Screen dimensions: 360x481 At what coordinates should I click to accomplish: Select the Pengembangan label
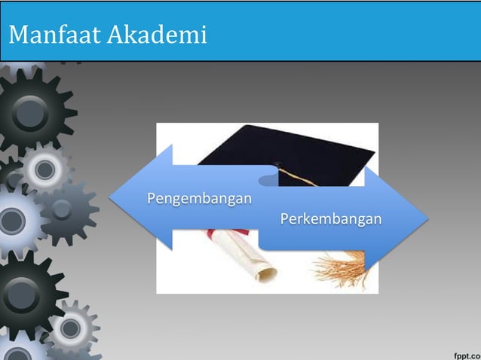click(x=199, y=199)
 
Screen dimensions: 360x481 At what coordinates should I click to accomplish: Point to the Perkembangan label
click(x=330, y=219)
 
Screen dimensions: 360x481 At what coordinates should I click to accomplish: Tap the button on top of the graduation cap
click(x=277, y=164)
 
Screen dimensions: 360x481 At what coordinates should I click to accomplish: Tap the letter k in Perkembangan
click(x=305, y=219)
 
